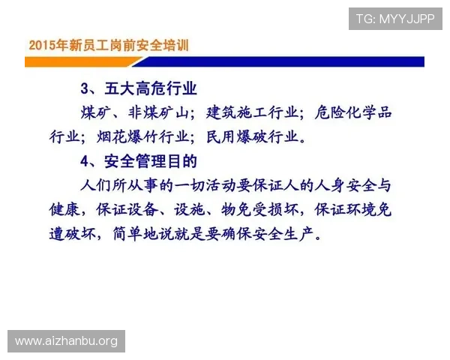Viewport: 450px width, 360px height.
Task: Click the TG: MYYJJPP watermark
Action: (394, 18)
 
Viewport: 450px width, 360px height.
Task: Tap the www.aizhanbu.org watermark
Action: (66, 341)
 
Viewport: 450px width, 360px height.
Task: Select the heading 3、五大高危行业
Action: (138, 89)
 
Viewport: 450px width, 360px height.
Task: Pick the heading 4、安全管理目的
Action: (138, 160)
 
